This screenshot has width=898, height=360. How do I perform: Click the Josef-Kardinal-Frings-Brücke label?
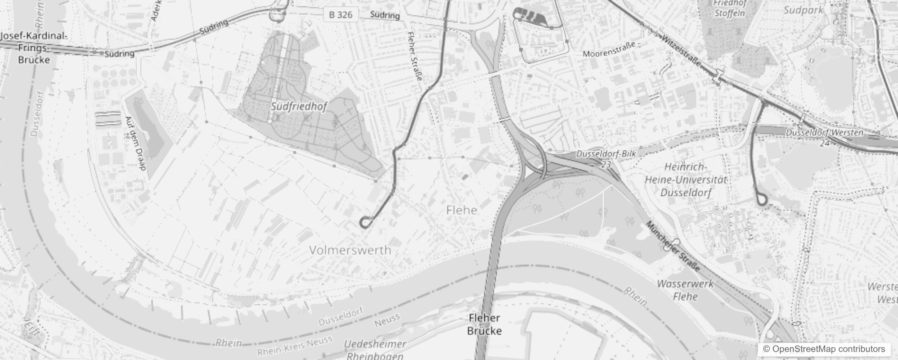pos(34,48)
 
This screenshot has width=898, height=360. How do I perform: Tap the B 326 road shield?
pos(341,15)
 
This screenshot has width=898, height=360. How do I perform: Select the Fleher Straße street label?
pos(415,56)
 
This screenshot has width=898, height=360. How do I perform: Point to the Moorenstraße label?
pos(609,50)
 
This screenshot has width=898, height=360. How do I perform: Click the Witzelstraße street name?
pos(681,51)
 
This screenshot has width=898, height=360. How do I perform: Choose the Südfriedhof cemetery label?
pos(298,107)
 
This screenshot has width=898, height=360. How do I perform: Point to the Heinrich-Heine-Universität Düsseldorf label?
pos(686,180)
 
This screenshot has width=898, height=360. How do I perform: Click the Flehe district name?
pos(462,210)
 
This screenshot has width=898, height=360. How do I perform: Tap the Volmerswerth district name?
pos(350,250)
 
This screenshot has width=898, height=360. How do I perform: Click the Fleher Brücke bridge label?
pos(484,324)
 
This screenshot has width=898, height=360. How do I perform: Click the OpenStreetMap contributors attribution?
pos(824,349)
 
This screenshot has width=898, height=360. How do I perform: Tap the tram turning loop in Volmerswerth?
pos(365,222)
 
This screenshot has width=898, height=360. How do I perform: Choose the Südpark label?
pos(803,10)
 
